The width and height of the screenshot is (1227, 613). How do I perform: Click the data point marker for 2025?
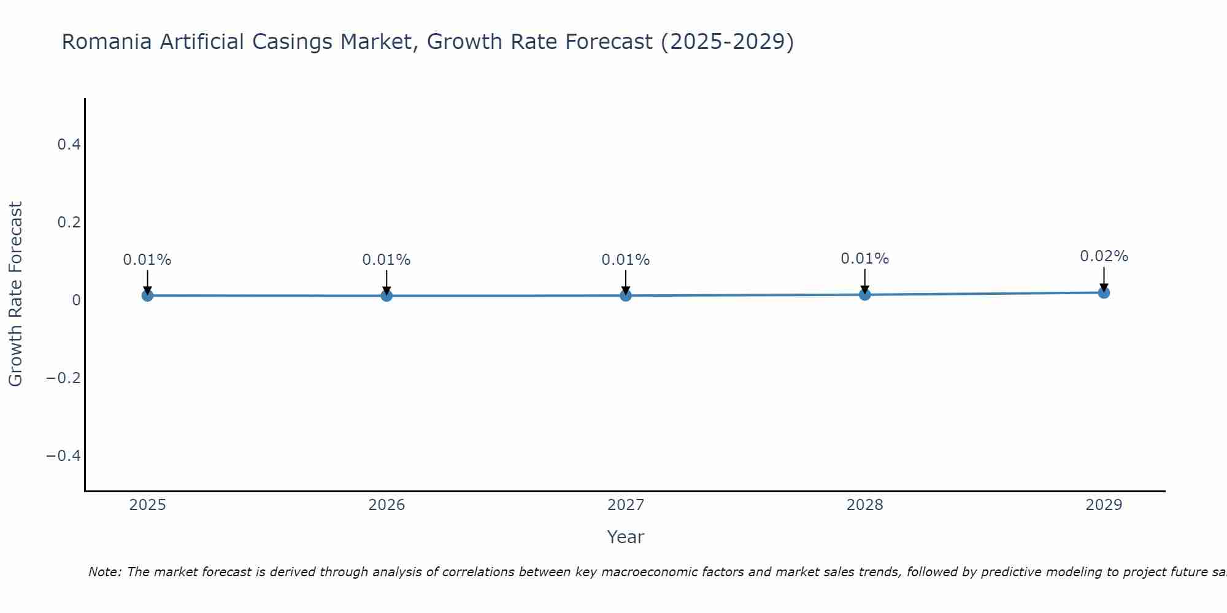(x=147, y=295)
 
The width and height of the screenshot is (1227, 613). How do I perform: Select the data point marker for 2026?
(x=387, y=295)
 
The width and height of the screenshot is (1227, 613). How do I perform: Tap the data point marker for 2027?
(x=626, y=295)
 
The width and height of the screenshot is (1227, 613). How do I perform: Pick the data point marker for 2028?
(x=864, y=294)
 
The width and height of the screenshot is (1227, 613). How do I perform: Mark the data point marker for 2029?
(x=1104, y=292)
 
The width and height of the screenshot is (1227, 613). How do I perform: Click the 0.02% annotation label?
(x=1104, y=256)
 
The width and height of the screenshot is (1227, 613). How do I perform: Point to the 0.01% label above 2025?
(x=147, y=260)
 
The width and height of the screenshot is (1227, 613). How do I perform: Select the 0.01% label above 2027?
(x=626, y=260)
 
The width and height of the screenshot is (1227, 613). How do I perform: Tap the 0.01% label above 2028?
(x=864, y=259)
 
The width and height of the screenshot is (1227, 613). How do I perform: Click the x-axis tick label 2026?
(x=387, y=505)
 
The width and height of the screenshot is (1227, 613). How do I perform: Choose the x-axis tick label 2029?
(x=1104, y=505)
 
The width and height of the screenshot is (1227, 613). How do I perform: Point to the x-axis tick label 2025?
(x=147, y=505)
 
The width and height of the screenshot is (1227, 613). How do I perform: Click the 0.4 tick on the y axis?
(x=69, y=145)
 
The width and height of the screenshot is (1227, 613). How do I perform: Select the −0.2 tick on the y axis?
(x=63, y=378)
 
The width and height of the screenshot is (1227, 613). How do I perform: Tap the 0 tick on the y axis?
(x=76, y=300)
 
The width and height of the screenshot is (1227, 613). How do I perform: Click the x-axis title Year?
(x=625, y=537)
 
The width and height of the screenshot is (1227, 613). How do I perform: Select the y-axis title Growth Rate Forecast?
(x=15, y=294)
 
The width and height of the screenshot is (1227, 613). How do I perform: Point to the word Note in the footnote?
(x=104, y=572)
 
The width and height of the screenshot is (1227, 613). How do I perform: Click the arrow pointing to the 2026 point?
(x=387, y=282)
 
